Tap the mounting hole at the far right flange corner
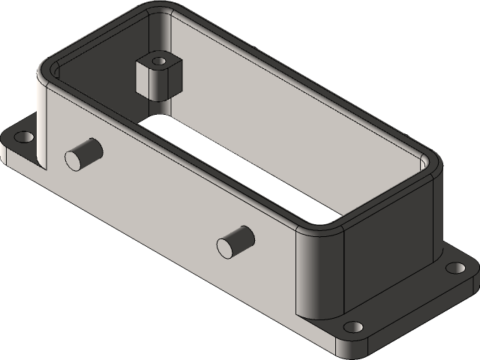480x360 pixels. [x=453, y=268]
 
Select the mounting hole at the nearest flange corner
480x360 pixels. [x=352, y=327]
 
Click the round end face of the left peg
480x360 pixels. [x=74, y=158]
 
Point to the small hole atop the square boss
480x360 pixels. [x=159, y=58]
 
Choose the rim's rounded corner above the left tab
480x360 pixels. [x=46, y=71]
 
